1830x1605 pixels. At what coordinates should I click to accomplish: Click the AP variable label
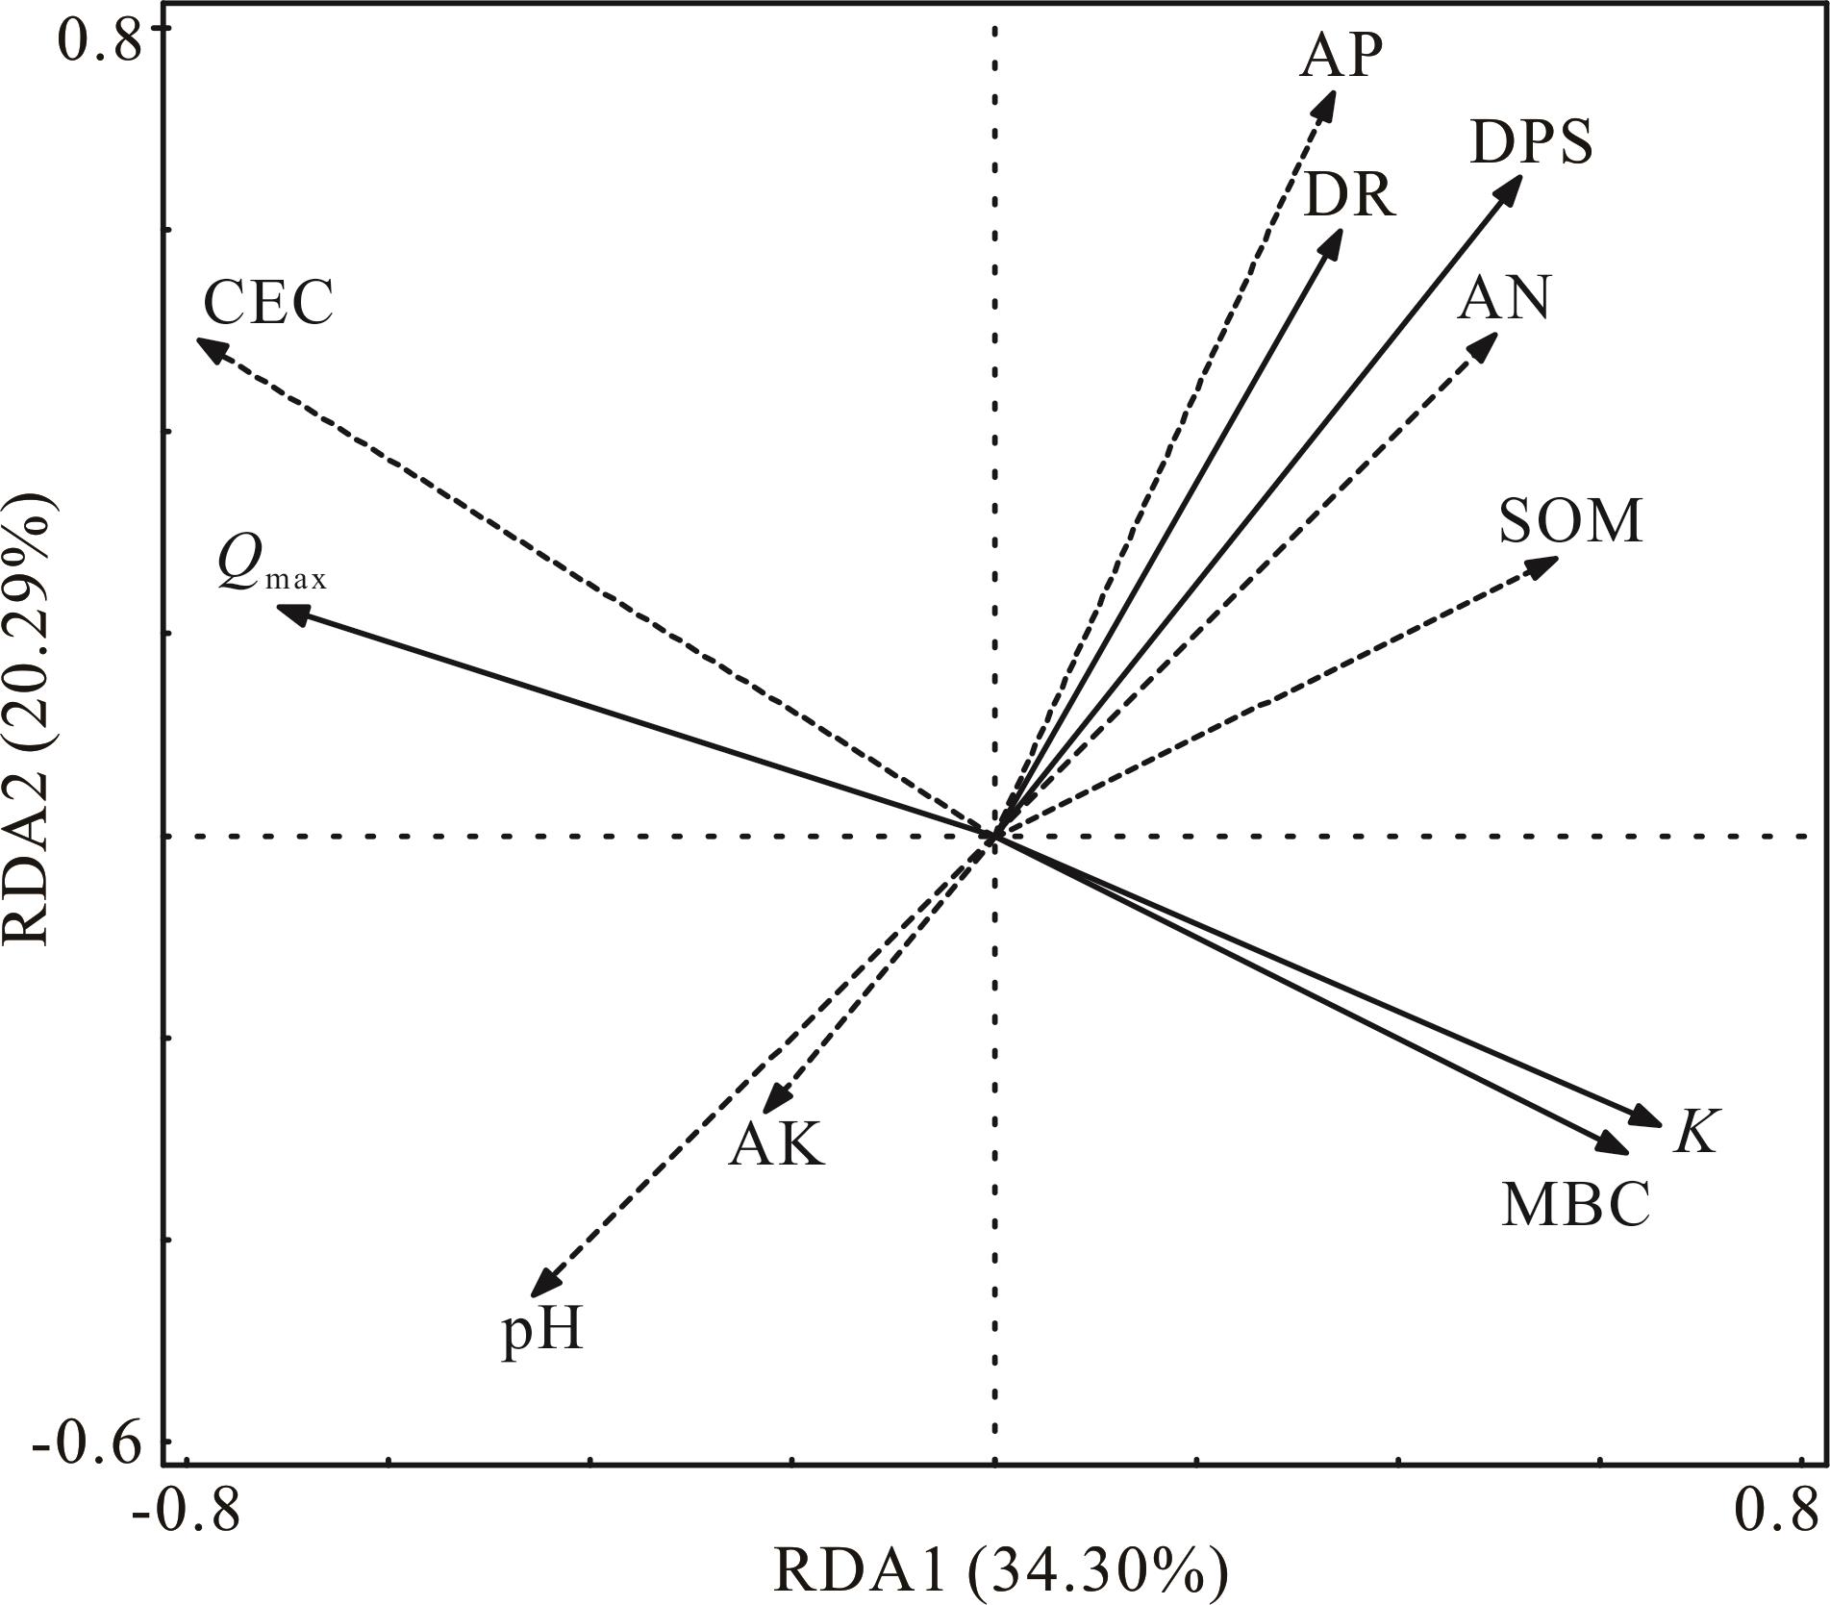click(1341, 57)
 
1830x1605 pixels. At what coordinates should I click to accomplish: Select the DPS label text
click(1531, 142)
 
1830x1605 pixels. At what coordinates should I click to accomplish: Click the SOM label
click(1570, 522)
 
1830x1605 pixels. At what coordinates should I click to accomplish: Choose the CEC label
click(268, 303)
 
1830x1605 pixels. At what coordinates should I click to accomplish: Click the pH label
click(542, 1333)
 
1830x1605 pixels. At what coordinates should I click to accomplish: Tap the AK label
click(776, 1145)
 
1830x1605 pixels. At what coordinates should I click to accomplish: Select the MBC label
click(1575, 1204)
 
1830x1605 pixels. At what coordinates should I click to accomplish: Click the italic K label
click(1694, 1132)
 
